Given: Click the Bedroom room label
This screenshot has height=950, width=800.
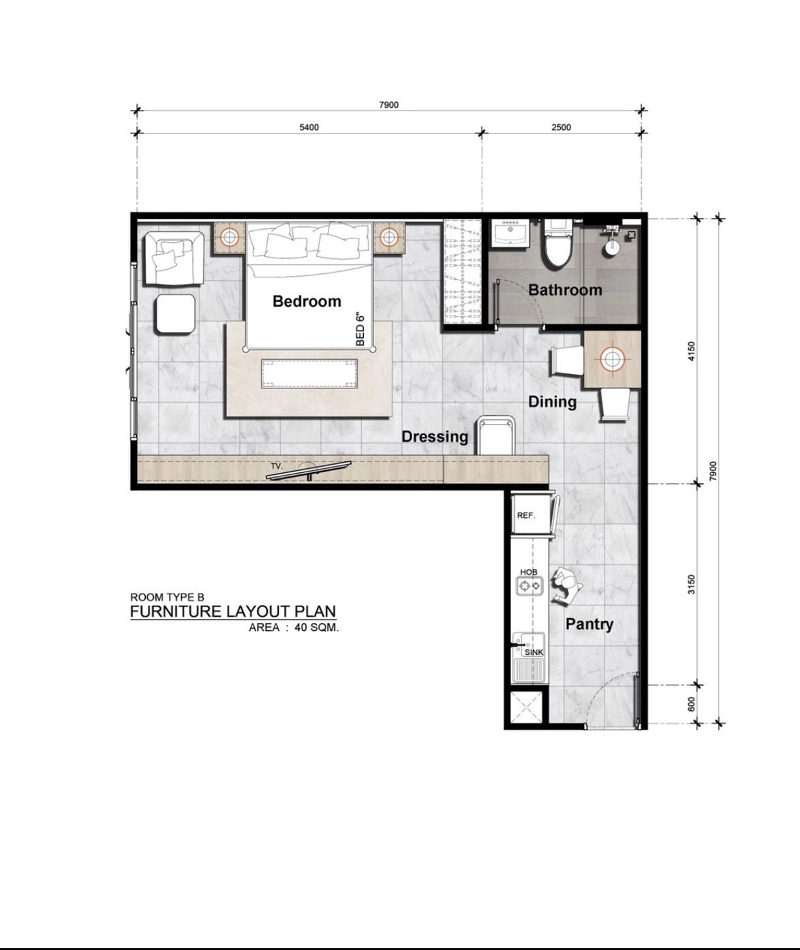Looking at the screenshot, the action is coord(307,301).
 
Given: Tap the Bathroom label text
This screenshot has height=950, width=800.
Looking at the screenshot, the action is coord(565,290).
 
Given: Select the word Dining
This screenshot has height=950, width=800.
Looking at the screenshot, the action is coord(553,402).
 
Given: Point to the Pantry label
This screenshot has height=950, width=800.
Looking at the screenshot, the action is coord(589,624).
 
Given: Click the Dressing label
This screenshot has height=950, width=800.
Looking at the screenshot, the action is coord(435,437).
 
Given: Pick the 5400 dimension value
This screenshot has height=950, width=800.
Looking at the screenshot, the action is coord(309,127).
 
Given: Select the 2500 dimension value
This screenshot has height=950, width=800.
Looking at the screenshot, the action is coord(561,127).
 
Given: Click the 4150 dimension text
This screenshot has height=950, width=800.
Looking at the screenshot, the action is coord(691,351).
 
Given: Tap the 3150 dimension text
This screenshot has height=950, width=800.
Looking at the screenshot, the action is coord(691,584).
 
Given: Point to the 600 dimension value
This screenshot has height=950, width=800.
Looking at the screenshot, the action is coord(691,705).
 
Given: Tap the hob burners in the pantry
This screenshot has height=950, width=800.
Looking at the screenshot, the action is coord(529,586).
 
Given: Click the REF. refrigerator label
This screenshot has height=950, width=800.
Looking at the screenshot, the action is coord(525,516).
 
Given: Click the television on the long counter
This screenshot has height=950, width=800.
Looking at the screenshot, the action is coord(309,471).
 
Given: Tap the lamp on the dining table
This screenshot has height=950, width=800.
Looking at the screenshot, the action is coord(612,359).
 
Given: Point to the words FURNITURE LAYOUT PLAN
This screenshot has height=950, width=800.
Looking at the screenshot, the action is coord(233,611).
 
